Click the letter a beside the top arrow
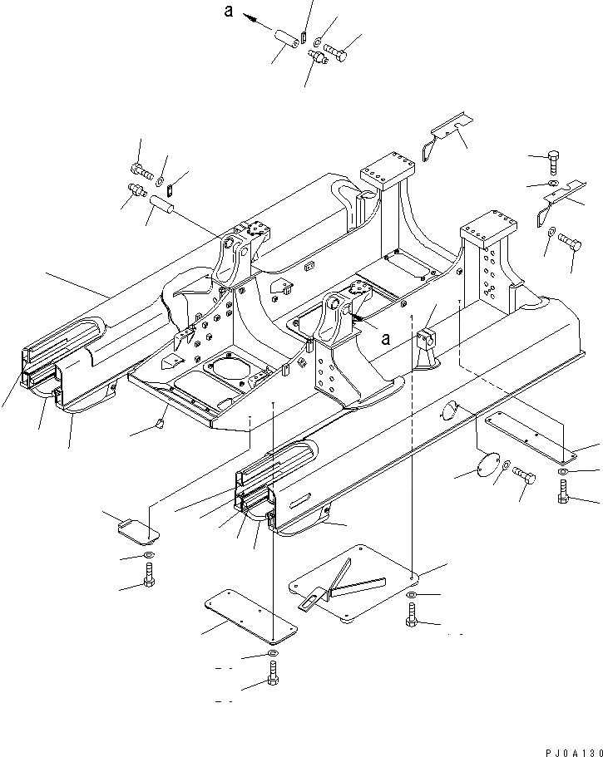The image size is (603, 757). pyautogui.click(x=228, y=11)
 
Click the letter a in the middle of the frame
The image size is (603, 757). pyautogui.click(x=385, y=339)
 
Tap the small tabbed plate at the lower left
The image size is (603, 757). pyautogui.click(x=135, y=529)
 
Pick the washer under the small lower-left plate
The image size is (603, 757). pyautogui.click(x=146, y=556)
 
